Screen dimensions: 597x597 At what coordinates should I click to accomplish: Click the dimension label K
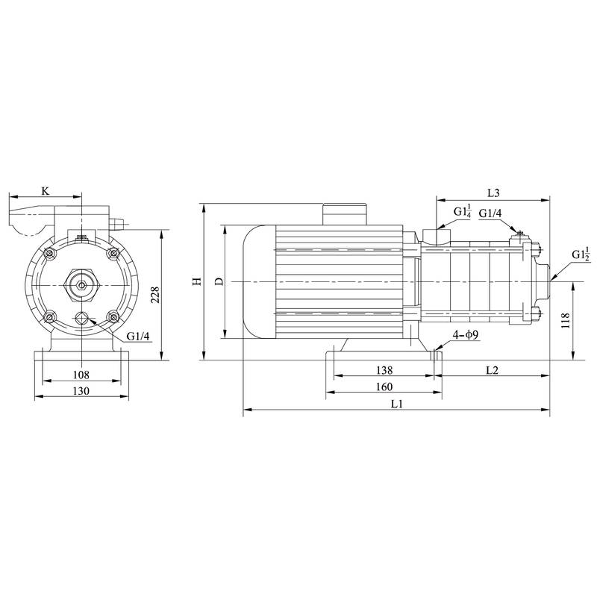(45, 192)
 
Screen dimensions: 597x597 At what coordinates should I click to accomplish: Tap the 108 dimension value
(81, 375)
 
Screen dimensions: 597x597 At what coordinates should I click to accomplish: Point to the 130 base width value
(81, 392)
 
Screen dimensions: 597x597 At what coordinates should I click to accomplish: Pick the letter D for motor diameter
(219, 281)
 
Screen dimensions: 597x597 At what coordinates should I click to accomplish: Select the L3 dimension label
(493, 193)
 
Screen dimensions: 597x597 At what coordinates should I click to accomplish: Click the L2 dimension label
(493, 370)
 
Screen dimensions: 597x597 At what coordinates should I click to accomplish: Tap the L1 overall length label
(397, 404)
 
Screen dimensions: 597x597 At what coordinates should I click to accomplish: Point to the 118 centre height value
(566, 320)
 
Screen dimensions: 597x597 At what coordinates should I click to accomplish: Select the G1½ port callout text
(581, 254)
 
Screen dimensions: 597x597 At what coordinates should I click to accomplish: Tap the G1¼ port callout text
(463, 213)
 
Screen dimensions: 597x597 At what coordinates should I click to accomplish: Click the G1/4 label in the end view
(138, 337)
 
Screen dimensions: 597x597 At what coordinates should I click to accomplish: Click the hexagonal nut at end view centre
(81, 284)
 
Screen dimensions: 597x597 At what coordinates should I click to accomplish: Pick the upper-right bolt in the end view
(113, 254)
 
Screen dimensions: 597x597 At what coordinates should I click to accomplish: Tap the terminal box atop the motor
(345, 212)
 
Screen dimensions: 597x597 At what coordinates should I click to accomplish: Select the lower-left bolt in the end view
(49, 318)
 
